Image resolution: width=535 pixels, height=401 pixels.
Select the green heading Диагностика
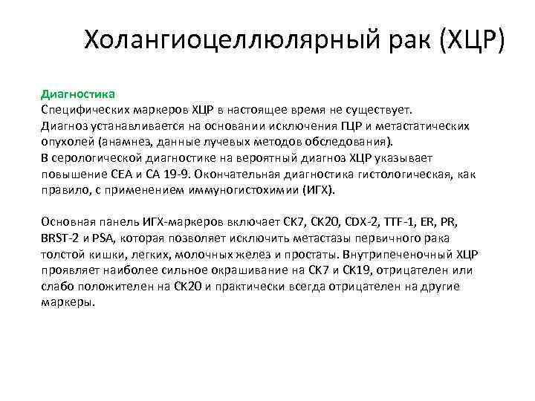(x=77, y=94)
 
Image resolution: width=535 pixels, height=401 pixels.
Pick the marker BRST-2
(x=59, y=238)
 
